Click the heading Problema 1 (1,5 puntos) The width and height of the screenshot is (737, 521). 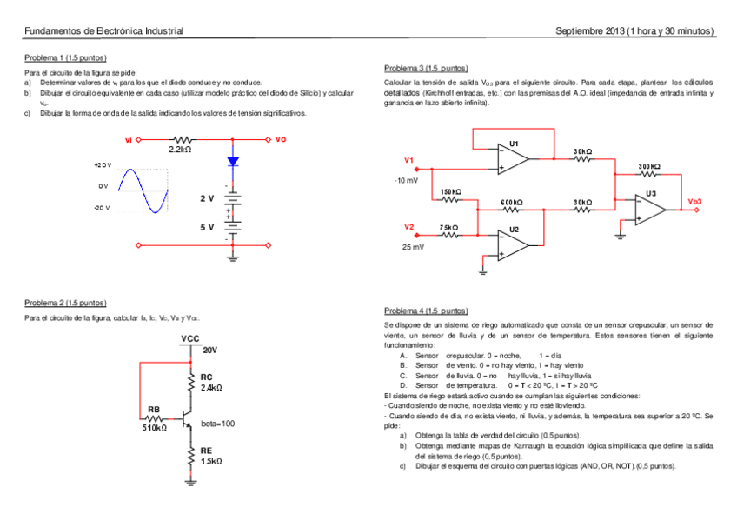[x=65, y=57]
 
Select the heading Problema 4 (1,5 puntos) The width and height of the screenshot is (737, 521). [x=426, y=311]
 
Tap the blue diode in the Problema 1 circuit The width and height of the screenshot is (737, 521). [x=233, y=161]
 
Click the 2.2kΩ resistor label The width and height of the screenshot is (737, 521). [x=181, y=150]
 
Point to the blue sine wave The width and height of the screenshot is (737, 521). [x=142, y=190]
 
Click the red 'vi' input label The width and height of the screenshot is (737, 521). [x=129, y=138]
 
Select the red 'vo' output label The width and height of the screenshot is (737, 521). [x=280, y=138]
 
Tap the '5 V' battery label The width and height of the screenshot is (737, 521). [x=206, y=227]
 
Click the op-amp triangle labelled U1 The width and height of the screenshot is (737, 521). [x=514, y=158]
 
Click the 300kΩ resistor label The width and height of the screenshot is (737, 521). [x=649, y=166]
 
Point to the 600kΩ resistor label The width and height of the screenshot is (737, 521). [x=512, y=202]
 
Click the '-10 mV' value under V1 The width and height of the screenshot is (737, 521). [x=406, y=180]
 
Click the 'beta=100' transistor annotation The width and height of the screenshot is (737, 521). [x=217, y=424]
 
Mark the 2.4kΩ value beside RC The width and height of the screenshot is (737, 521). [x=212, y=387]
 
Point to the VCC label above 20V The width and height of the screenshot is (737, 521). [x=191, y=337]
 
